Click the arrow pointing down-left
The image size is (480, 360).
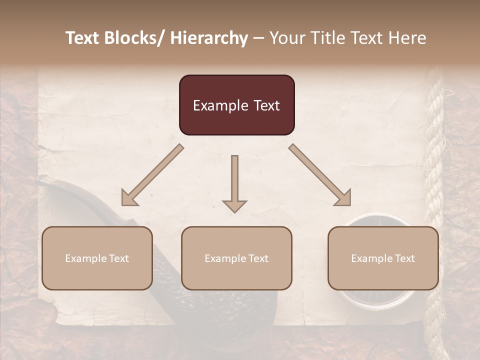152,175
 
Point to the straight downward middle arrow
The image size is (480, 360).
234,180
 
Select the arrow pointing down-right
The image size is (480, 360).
320,175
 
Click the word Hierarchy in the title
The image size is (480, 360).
209,38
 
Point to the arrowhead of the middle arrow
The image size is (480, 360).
234,205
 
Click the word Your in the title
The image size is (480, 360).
286,38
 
